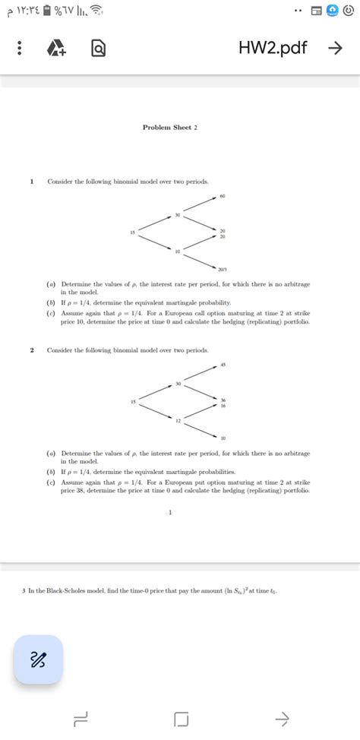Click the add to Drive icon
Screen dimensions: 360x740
coord(55,48)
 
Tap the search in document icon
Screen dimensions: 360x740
coord(99,48)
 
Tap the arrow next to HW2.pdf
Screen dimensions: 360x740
coord(334,48)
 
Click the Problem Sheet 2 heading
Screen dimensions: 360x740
coord(170,127)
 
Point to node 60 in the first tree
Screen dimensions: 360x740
coord(223,196)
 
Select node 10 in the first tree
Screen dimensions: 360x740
coord(177,251)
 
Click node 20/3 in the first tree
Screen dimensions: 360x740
coord(222,269)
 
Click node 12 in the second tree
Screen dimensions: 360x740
coord(177,420)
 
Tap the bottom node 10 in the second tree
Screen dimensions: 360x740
coord(223,438)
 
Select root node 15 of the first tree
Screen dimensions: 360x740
coord(133,232)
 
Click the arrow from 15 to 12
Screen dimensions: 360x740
coord(155,411)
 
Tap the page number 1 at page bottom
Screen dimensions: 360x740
coord(171,512)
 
